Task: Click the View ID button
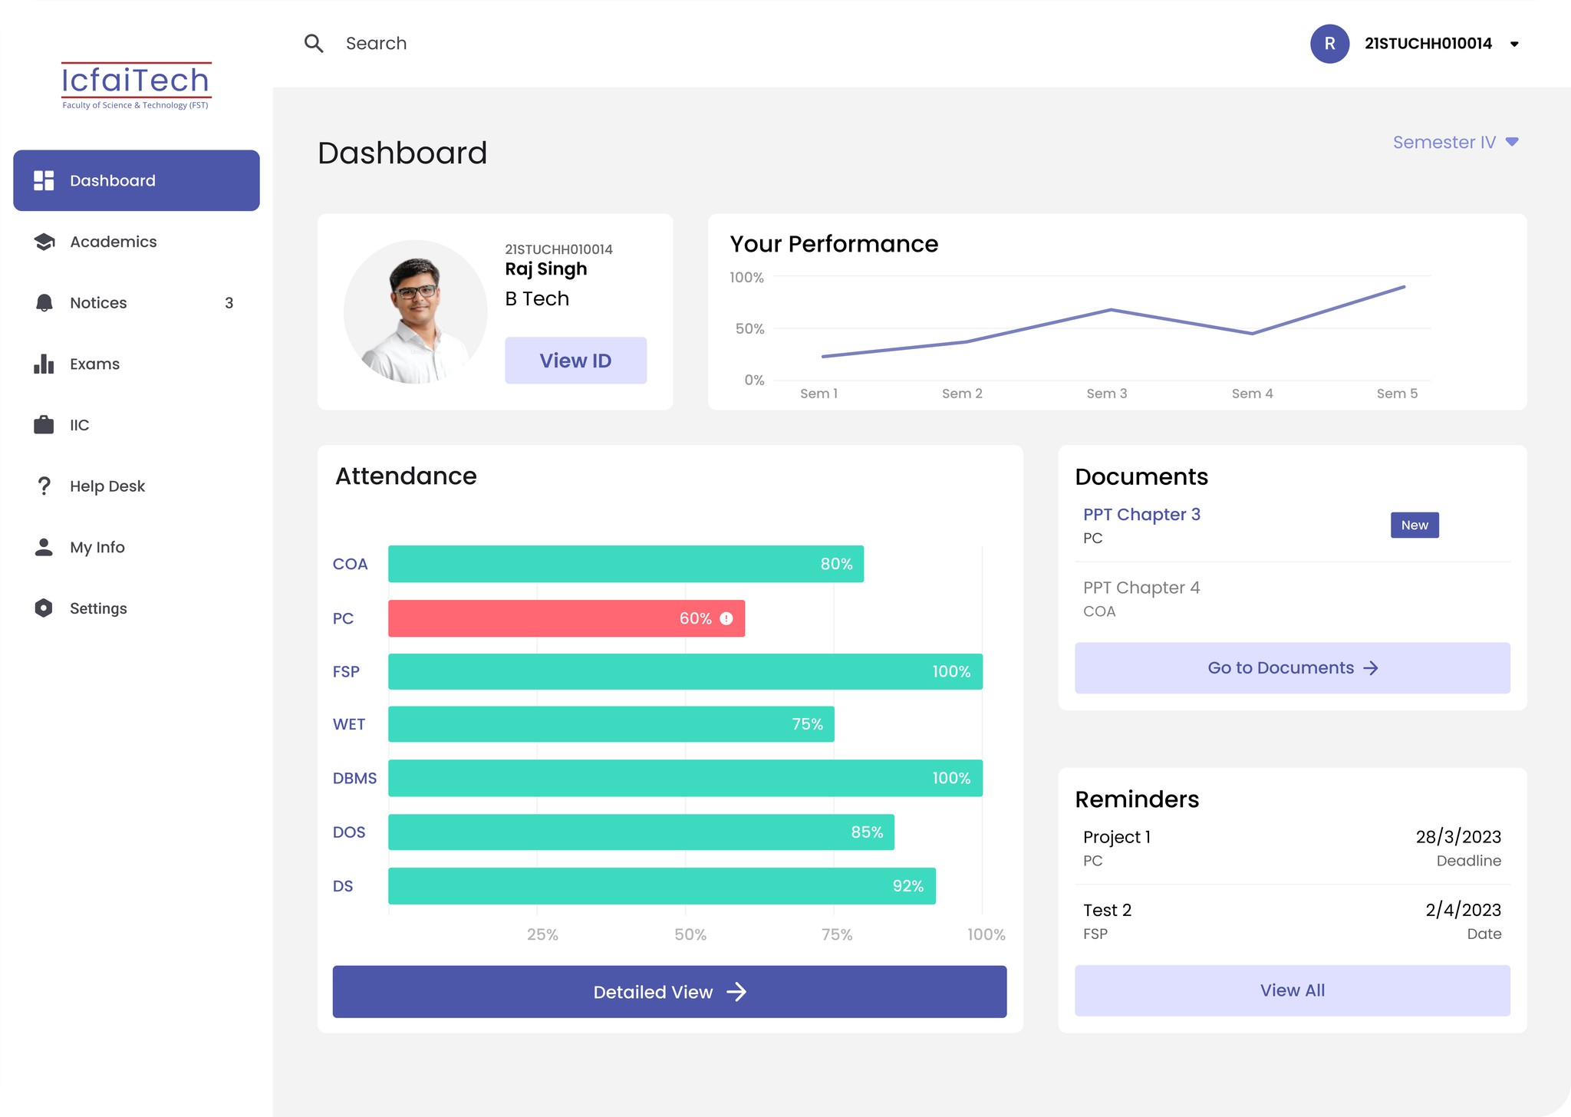575,360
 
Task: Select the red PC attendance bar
566,618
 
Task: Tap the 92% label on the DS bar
907,886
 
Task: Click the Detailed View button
669,991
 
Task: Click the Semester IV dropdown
1455,142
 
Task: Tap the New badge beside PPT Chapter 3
1415,525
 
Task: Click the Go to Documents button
1292,667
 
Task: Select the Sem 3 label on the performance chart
1106,394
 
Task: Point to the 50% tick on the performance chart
749,328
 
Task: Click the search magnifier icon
314,43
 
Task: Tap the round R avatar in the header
1329,44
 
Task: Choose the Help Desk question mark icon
44,486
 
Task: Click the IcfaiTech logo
136,85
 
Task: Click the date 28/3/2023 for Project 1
1458,837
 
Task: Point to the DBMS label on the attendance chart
354,778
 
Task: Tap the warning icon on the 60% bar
726,618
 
